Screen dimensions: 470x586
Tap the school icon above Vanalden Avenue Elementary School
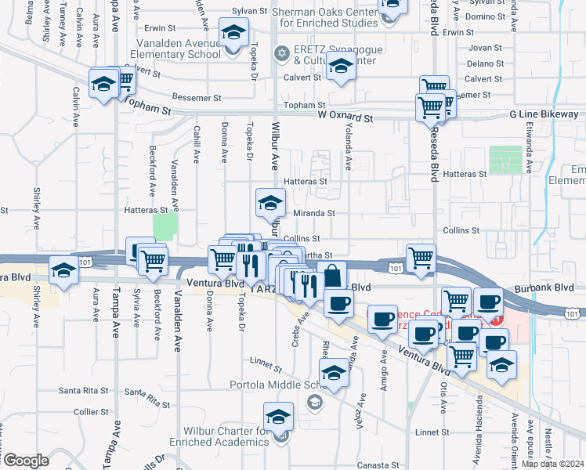[232, 34]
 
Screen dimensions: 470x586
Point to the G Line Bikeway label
[543, 114]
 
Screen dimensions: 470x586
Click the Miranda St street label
[313, 212]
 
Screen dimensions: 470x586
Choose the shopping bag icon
[332, 275]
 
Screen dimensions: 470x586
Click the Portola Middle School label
[283, 385]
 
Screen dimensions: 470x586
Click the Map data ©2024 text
[553, 464]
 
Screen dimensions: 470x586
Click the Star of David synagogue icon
[281, 53]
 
